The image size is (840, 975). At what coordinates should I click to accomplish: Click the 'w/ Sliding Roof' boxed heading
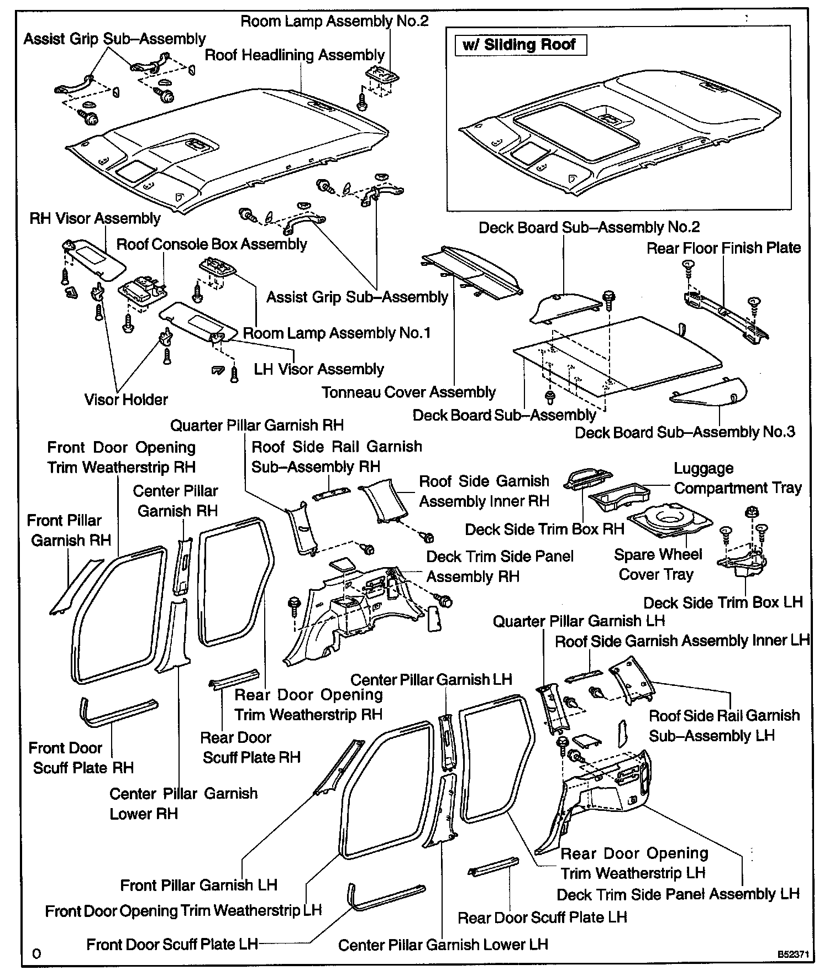(519, 45)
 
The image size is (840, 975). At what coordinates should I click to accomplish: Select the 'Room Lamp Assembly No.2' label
(334, 22)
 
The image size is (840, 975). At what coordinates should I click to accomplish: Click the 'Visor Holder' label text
(126, 400)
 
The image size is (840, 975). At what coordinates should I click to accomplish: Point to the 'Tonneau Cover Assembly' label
(408, 392)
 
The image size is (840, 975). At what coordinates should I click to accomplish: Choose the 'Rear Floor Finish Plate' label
(723, 248)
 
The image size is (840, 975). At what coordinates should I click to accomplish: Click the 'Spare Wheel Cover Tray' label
(658, 564)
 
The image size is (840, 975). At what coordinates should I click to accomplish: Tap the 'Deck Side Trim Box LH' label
(723, 602)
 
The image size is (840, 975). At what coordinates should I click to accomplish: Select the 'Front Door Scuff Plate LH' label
(172, 944)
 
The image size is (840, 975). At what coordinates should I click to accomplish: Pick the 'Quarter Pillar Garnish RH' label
(256, 426)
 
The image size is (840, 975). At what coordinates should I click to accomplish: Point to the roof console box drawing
(141, 291)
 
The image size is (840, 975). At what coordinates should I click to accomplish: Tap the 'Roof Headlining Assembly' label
(295, 55)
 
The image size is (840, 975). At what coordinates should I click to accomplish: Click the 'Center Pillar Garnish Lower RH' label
(183, 804)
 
